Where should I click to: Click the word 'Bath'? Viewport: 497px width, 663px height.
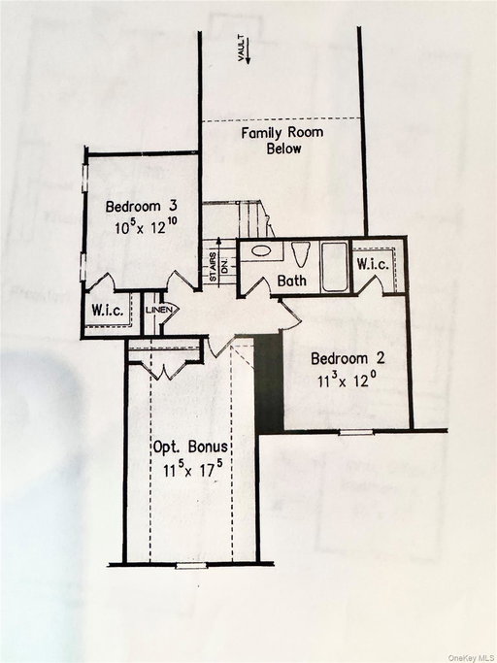pyautogui.click(x=291, y=282)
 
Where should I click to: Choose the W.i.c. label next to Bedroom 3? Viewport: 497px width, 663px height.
pyautogui.click(x=106, y=311)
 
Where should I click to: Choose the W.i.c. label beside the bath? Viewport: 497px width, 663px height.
pyautogui.click(x=373, y=264)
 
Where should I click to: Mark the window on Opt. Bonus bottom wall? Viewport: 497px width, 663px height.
pyautogui.click(x=191, y=563)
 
